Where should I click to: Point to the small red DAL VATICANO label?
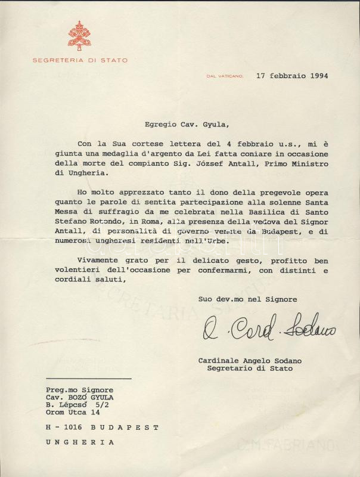(x=225, y=76)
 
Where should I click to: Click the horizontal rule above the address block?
(x=88, y=379)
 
